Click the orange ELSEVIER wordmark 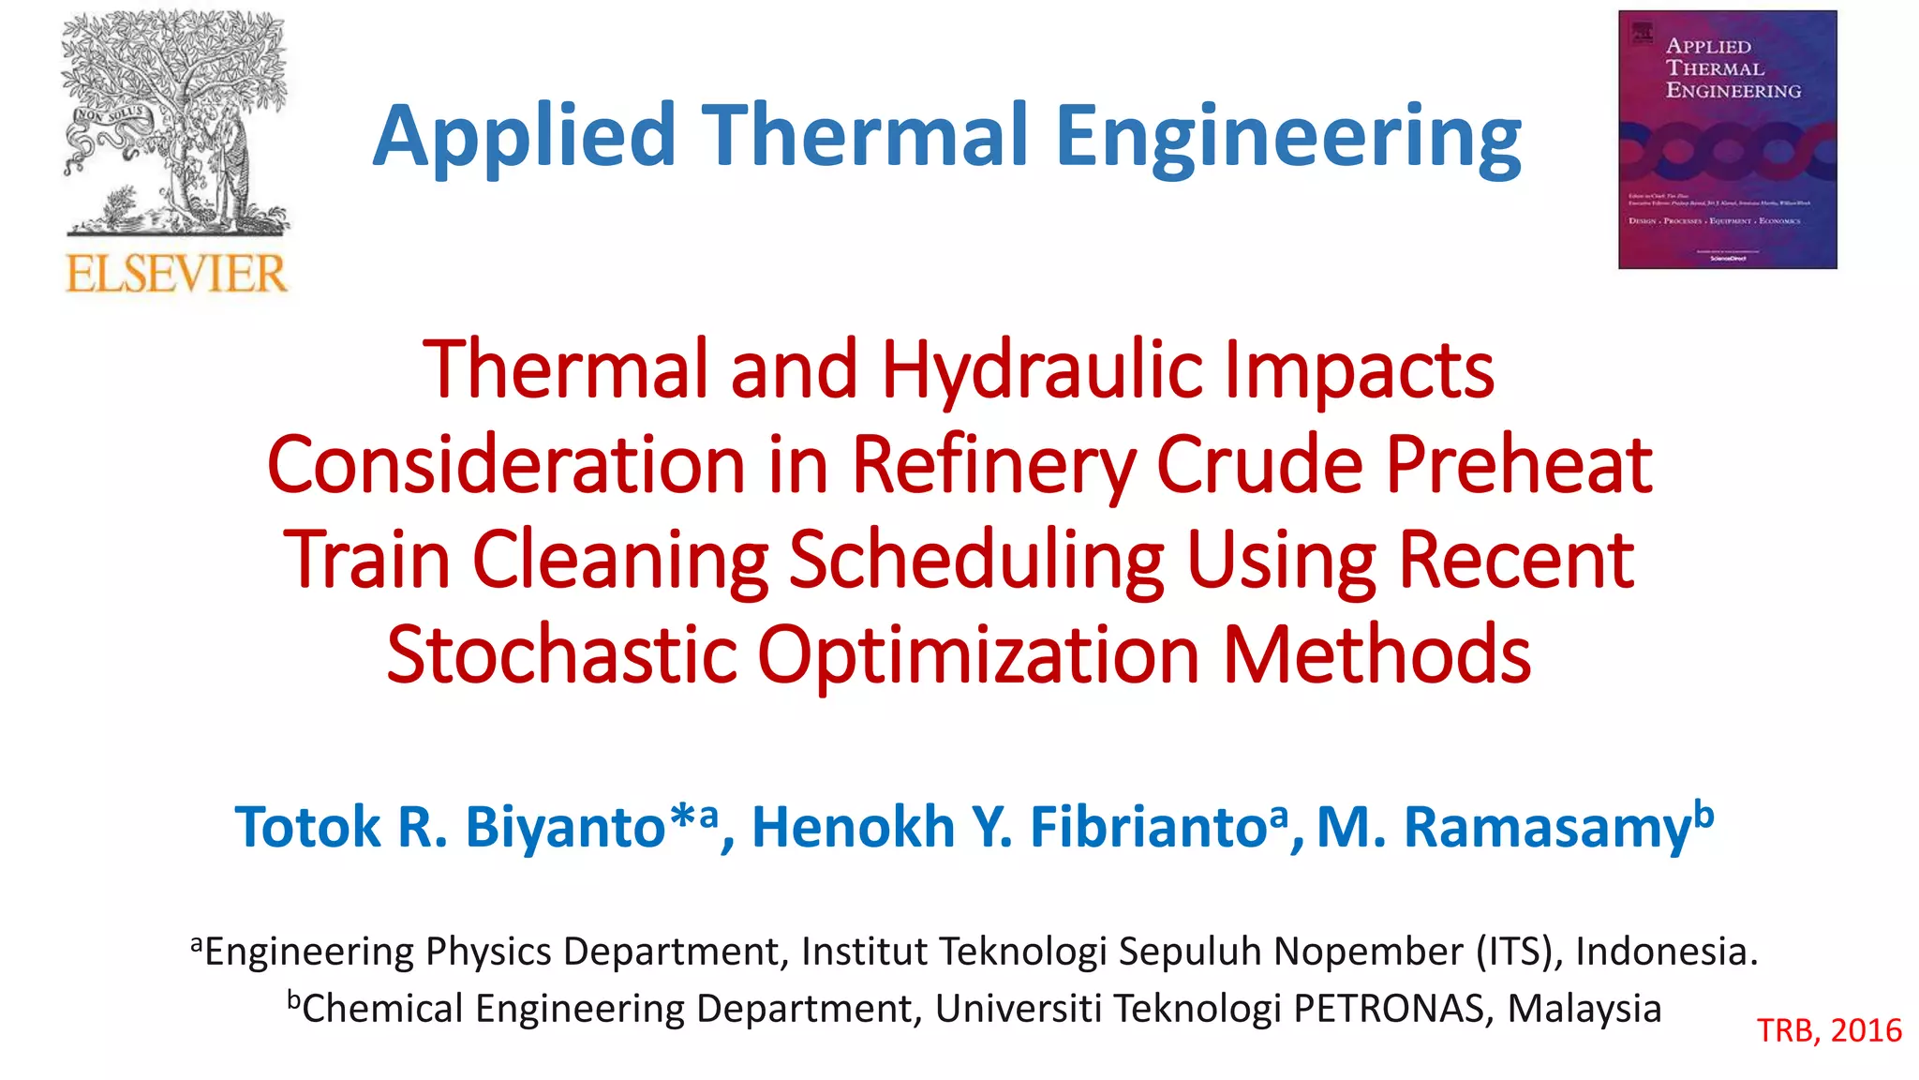click(176, 274)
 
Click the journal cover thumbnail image click(1727, 140)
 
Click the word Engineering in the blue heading click(1288, 138)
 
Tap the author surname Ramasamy click(1547, 827)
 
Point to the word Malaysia click(1584, 1009)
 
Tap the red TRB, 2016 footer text click(1829, 1030)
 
